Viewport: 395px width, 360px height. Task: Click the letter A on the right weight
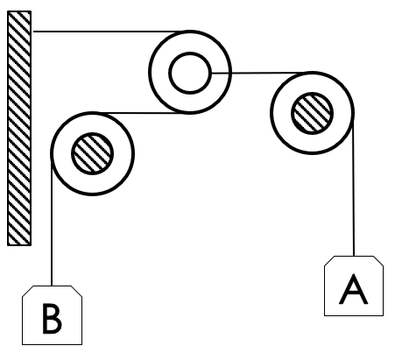353,288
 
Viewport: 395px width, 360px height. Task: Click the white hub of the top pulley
188,73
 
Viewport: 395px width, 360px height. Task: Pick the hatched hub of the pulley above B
92,153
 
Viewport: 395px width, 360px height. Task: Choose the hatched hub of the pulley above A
313,111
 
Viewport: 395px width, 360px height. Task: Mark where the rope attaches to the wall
32,32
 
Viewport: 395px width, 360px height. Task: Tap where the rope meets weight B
53,286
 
